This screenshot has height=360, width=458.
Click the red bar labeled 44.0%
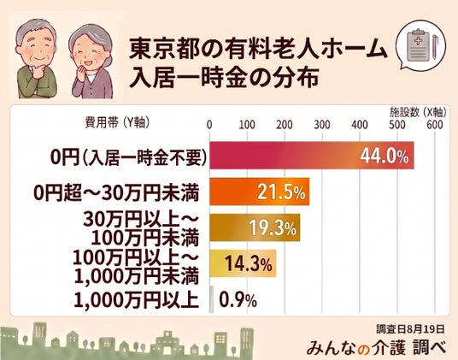tap(312, 155)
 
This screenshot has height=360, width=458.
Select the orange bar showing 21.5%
tap(260, 192)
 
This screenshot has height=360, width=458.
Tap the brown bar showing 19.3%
tap(255, 227)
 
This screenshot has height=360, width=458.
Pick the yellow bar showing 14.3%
tap(243, 263)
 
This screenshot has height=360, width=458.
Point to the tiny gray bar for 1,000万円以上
tap(212, 299)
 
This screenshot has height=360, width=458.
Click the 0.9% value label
tap(238, 300)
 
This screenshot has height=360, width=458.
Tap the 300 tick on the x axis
tap(322, 125)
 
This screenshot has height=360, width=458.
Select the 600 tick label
tap(435, 125)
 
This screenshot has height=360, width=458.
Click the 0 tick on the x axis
tap(209, 125)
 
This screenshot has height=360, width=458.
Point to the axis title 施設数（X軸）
tap(418, 112)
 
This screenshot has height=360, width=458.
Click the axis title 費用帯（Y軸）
tap(117, 122)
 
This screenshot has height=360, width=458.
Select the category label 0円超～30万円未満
tap(116, 193)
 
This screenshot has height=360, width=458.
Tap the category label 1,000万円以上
tap(137, 300)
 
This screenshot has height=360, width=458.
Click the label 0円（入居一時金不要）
tap(128, 157)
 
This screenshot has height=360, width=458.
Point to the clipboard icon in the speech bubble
tap(418, 45)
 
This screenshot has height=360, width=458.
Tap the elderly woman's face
tap(91, 49)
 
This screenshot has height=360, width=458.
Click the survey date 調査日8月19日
tap(410, 329)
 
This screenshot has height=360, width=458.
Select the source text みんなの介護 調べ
tap(377, 347)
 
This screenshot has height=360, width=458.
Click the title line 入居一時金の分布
tap(224, 78)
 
